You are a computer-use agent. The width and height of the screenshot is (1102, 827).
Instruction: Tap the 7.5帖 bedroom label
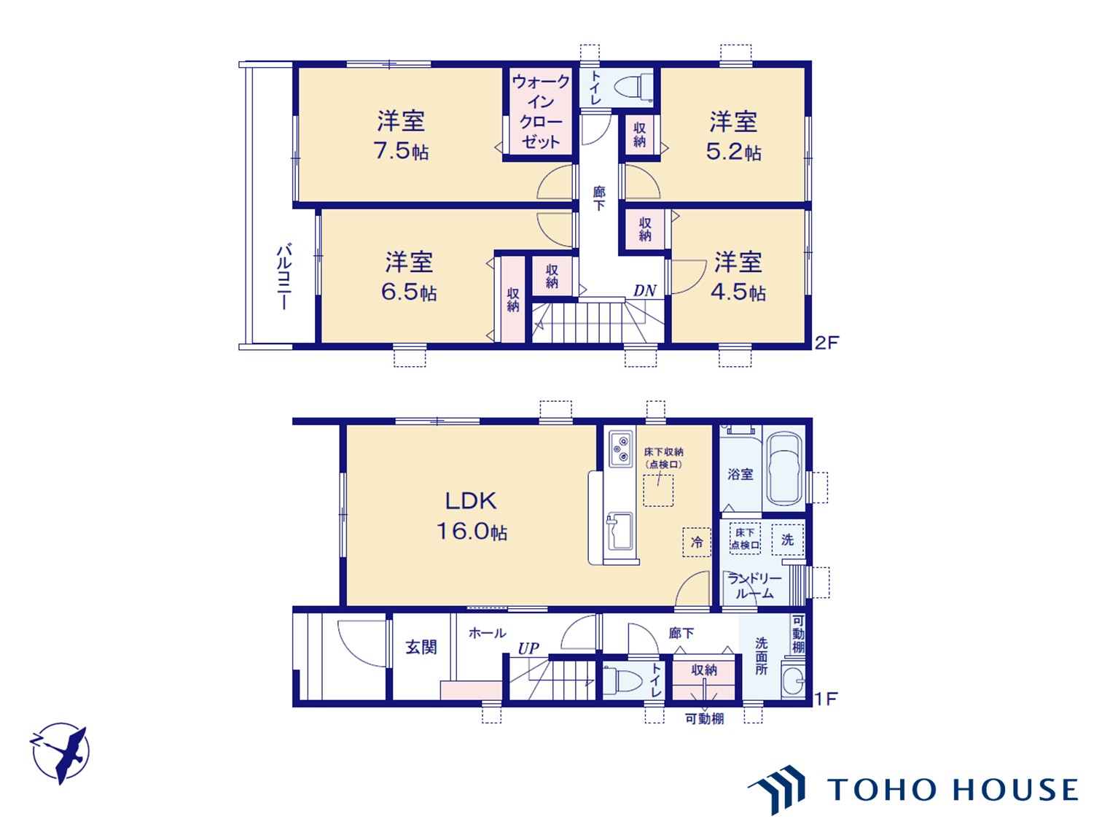point(401,135)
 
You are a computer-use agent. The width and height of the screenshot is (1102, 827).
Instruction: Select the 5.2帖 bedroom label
point(733,136)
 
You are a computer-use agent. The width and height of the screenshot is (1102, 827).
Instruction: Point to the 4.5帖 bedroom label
point(738,276)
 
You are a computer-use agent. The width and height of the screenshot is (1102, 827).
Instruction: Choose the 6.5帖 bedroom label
point(409,276)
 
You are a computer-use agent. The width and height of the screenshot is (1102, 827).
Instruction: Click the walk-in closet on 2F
point(540,112)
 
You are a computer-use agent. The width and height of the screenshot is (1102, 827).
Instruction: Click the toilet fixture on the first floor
point(622,681)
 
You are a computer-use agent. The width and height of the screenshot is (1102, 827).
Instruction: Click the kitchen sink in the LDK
point(620,531)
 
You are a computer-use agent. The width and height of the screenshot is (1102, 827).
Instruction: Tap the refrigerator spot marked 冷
point(697,542)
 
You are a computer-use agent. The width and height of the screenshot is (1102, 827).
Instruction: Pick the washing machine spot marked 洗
point(787,539)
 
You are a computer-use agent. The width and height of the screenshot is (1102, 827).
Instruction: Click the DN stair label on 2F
point(644,290)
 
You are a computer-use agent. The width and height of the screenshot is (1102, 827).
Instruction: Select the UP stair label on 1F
point(528,648)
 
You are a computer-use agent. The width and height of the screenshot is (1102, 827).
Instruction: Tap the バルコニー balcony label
point(284,276)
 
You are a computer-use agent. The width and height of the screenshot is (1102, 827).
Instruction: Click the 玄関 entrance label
point(421,648)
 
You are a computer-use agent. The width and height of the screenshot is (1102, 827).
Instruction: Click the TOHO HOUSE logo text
point(953,789)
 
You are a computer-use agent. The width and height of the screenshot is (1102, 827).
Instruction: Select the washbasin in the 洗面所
point(793,680)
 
